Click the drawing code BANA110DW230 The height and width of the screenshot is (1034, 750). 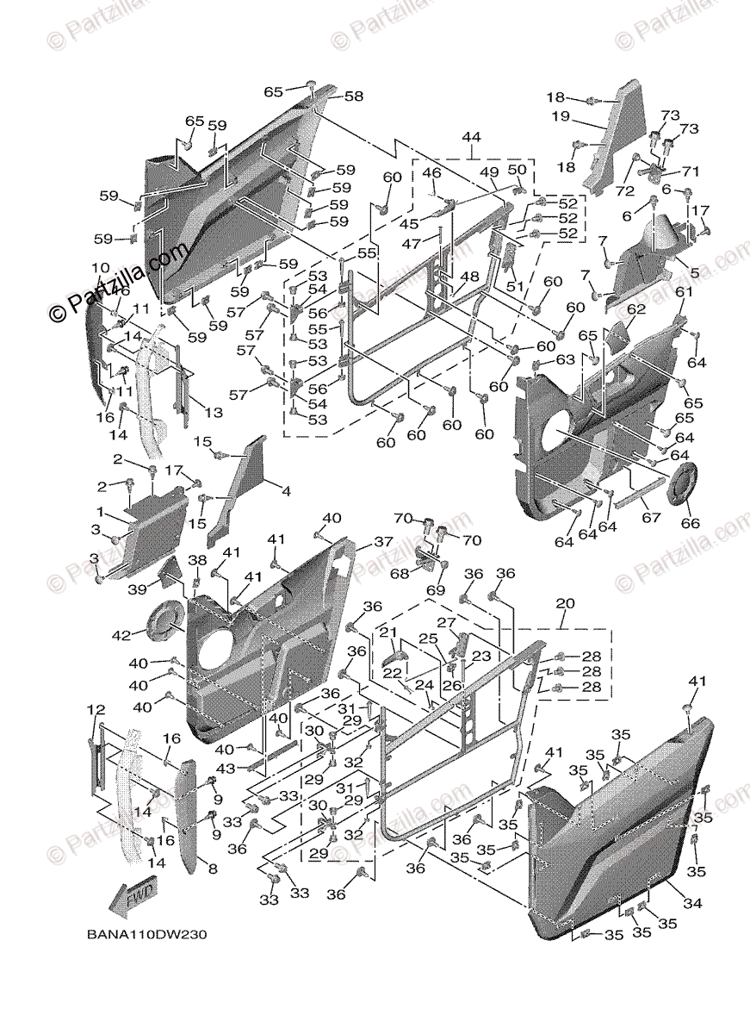click(x=146, y=934)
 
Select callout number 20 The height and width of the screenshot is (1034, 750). click(x=565, y=603)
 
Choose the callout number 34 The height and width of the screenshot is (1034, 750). click(x=693, y=903)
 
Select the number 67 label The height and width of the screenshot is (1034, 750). click(x=651, y=518)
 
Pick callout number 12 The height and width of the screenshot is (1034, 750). click(x=96, y=709)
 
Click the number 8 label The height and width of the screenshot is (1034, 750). click(x=212, y=869)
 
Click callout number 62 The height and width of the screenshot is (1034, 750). click(x=636, y=308)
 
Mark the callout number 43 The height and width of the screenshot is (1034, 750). click(x=226, y=767)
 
